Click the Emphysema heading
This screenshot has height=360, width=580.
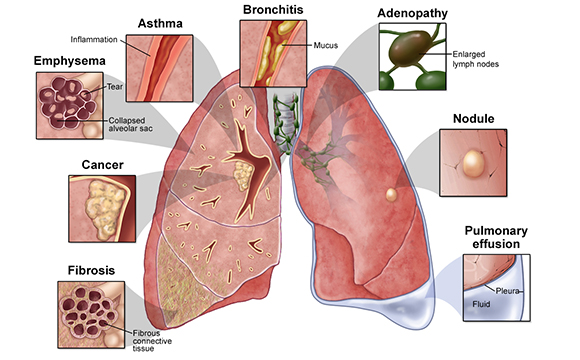[x=70, y=61]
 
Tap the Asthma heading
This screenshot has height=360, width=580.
[x=160, y=24]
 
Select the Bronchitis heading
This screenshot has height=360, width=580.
[x=273, y=10]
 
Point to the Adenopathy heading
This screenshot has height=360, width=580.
[x=412, y=14]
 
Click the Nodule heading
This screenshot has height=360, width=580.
[x=473, y=119]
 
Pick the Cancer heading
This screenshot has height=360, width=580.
[x=102, y=165]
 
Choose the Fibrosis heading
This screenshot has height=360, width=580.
[x=91, y=270]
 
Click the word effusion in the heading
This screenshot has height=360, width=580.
[x=496, y=244]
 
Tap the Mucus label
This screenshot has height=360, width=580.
[x=326, y=46]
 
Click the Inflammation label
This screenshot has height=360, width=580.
[x=94, y=40]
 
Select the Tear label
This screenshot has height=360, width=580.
[x=115, y=87]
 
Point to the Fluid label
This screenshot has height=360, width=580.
[x=481, y=304]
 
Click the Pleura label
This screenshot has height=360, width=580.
[x=508, y=291]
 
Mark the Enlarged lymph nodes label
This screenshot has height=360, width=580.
[x=476, y=59]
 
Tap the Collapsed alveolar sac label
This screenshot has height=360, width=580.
[x=130, y=125]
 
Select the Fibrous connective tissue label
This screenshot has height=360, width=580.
[x=152, y=341]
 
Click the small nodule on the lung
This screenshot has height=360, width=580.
[x=391, y=195]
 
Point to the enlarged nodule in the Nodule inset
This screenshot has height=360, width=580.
[x=473, y=163]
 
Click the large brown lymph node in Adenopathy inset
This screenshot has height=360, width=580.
[x=411, y=48]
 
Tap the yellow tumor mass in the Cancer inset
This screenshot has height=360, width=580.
[x=104, y=208]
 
